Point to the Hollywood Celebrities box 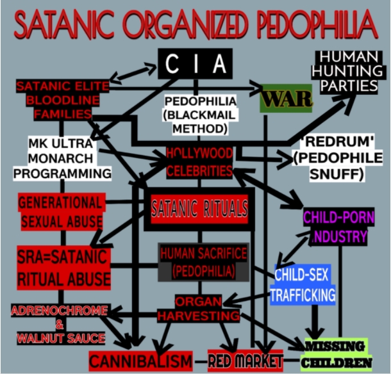(x=199, y=162)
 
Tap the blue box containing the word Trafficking (x=303, y=285)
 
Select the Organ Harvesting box (x=199, y=308)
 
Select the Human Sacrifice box (x=203, y=261)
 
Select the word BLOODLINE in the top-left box (x=59, y=101)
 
